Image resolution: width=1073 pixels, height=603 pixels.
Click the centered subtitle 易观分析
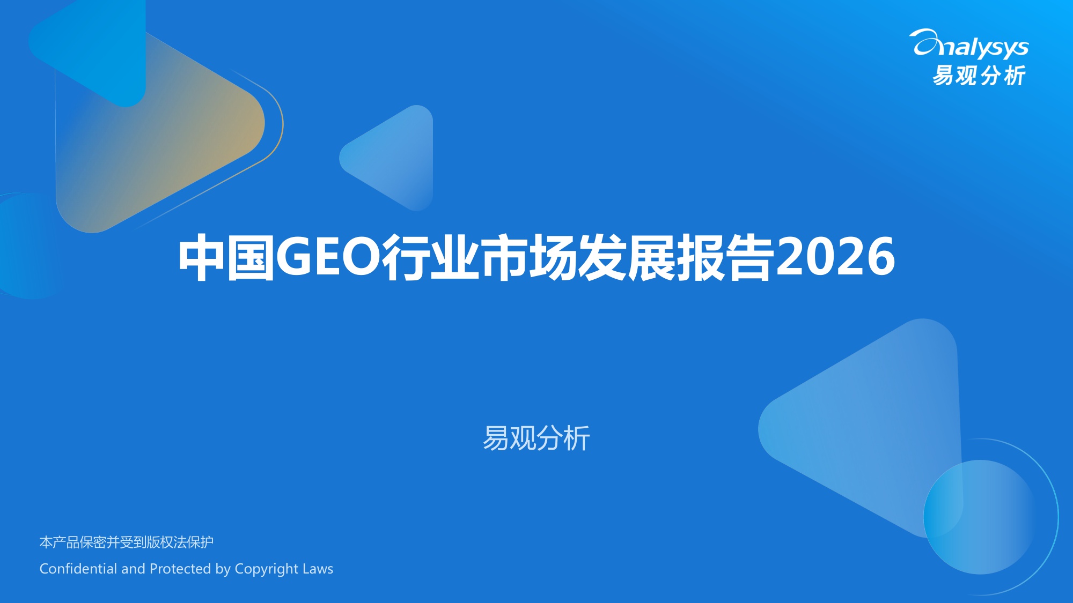click(536, 438)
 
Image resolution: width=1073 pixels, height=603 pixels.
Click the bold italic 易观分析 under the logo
click(979, 76)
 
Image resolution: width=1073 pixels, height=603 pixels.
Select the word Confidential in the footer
click(78, 568)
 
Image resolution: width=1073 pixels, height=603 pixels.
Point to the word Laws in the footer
click(318, 568)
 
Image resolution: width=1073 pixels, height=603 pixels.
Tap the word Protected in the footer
click(180, 568)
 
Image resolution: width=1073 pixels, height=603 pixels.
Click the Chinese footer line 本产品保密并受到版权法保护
click(127, 542)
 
